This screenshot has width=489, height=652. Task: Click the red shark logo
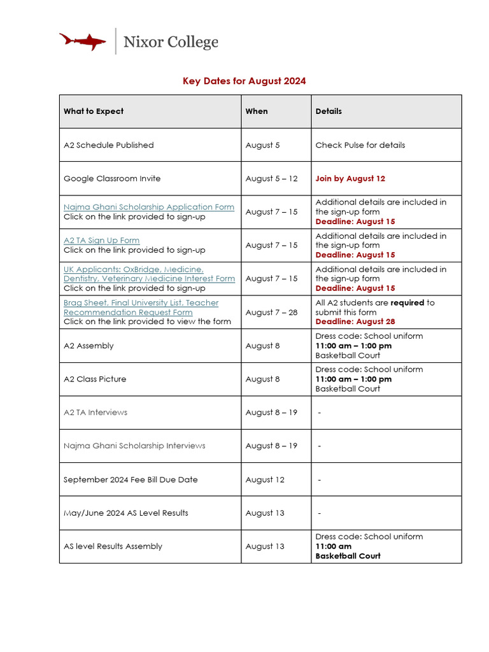click(x=83, y=41)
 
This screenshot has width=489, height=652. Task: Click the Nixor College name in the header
click(x=171, y=42)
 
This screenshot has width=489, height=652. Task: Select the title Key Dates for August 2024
click(x=244, y=81)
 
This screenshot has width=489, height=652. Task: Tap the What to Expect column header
click(x=94, y=111)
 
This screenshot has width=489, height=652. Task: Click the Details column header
click(x=329, y=111)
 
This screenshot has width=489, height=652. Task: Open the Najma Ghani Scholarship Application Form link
click(x=149, y=207)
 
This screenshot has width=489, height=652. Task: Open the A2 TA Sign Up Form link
click(x=101, y=241)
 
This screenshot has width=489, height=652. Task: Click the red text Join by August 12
click(x=350, y=179)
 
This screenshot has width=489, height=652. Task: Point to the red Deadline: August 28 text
click(x=355, y=322)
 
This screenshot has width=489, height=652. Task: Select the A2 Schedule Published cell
click(x=109, y=145)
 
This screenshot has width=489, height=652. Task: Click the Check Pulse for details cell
click(x=360, y=145)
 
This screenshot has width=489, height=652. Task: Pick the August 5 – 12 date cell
click(x=271, y=179)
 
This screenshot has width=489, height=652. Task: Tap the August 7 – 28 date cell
click(x=271, y=313)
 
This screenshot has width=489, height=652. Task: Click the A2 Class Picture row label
click(x=95, y=379)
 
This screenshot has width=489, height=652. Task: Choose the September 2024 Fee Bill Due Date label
click(x=131, y=479)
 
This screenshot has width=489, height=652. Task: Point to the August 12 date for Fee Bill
click(x=265, y=479)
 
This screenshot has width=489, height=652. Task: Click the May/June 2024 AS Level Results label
click(x=126, y=513)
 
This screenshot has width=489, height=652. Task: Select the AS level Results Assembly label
click(x=113, y=546)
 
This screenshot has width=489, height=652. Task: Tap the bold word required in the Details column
click(x=407, y=303)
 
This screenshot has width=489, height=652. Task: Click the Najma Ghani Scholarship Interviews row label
click(x=134, y=446)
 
